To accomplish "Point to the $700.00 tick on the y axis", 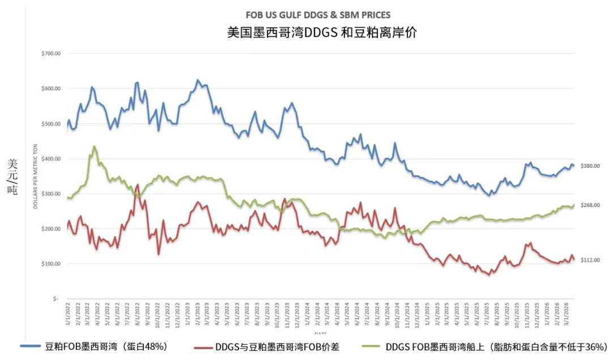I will [x=50, y=54].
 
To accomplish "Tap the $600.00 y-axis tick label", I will [x=50, y=89].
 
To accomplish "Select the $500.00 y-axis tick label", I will [x=50, y=124].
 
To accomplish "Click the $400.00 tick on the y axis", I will [x=50, y=159].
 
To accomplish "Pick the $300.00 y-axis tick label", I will [x=50, y=194].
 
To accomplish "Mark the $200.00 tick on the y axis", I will [x=50, y=229].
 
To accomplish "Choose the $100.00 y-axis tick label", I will [x=50, y=264].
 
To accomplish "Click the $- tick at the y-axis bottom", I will [x=56, y=299].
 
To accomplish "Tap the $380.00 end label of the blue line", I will [x=590, y=166].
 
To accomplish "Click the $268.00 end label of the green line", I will [x=590, y=205].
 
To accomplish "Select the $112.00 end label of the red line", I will [x=590, y=260].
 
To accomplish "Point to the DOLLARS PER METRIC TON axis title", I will [x=35, y=176].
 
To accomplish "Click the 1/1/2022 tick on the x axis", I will [x=68, y=312].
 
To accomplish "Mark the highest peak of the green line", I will [x=94, y=146].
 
